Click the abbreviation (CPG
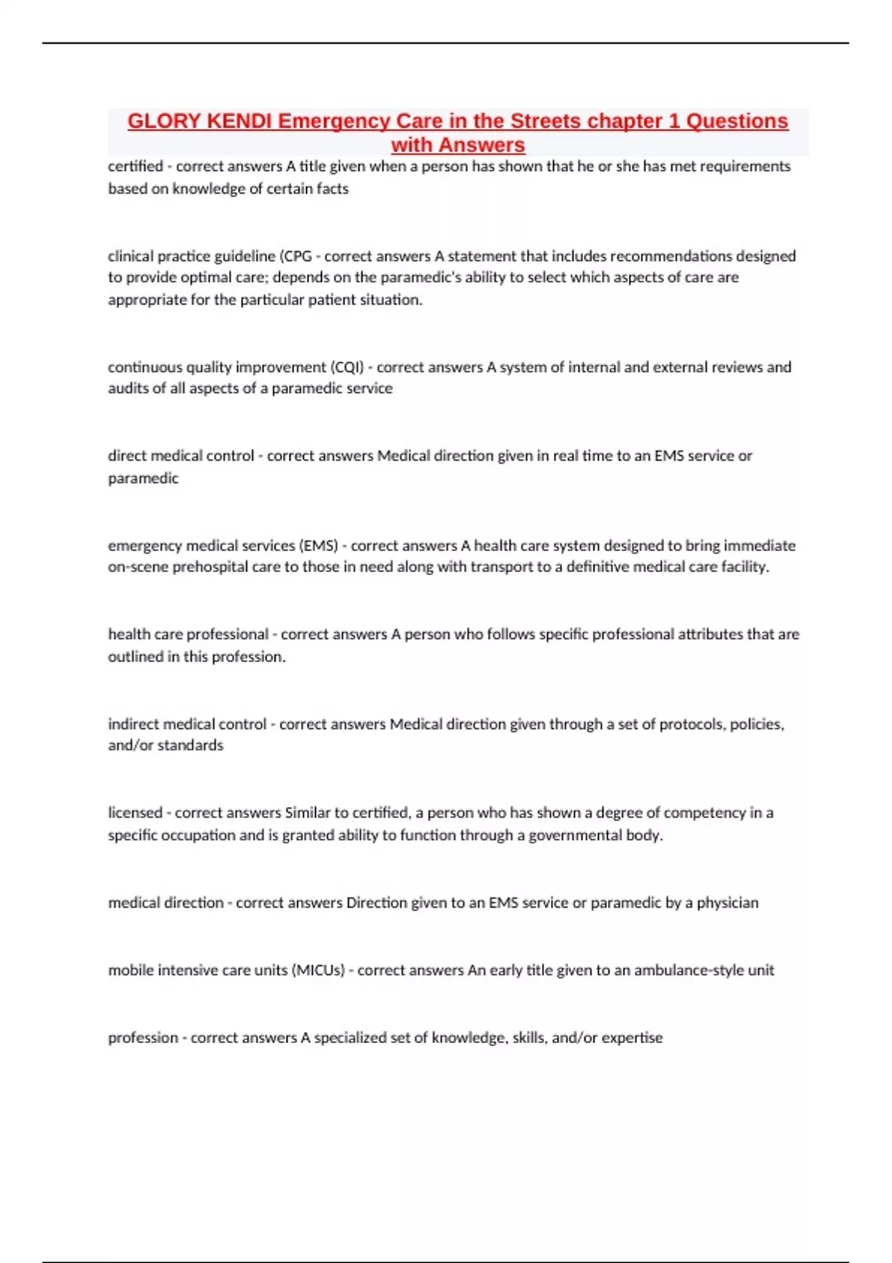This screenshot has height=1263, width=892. pyautogui.click(x=296, y=256)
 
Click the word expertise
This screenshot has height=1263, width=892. pyautogui.click(x=632, y=1038)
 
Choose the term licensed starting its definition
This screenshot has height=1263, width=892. pyautogui.click(x=135, y=813)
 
